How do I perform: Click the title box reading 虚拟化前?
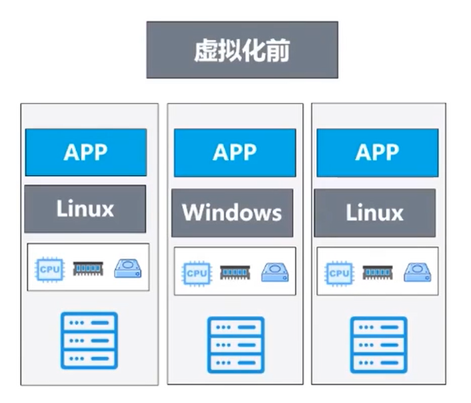(x=242, y=49)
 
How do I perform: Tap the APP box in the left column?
(x=86, y=152)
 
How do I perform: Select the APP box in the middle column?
(x=235, y=152)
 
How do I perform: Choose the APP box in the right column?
(x=378, y=152)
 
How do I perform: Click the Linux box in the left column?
(x=85, y=209)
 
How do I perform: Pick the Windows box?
(x=232, y=213)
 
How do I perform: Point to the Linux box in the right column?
(x=375, y=213)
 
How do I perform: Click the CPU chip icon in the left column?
(x=49, y=269)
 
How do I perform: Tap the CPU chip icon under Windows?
(x=196, y=273)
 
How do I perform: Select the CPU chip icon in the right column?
(x=339, y=273)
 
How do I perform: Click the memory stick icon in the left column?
(x=88, y=269)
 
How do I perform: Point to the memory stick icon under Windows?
(x=235, y=273)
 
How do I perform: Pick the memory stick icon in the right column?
(x=378, y=273)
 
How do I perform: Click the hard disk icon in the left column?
(x=128, y=269)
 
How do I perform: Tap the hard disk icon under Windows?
(x=275, y=273)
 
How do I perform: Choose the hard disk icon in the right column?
(x=418, y=273)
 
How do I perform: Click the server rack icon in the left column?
(x=89, y=341)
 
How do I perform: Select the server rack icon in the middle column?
(x=236, y=345)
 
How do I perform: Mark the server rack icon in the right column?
(x=379, y=345)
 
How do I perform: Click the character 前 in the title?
(x=278, y=50)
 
